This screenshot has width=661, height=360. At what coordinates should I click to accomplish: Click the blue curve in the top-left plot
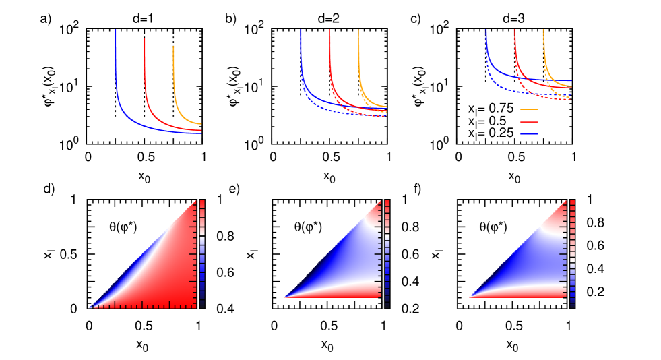117,81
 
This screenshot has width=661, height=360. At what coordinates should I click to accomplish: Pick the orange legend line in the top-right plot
529,109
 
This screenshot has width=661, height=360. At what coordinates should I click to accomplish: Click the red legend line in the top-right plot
529,122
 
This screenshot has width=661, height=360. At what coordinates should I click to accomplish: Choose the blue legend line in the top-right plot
529,134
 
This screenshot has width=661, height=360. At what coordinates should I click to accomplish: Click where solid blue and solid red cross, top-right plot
532,79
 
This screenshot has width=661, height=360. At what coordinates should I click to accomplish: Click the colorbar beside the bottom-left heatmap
201,253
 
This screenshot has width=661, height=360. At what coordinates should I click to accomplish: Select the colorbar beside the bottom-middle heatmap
387,253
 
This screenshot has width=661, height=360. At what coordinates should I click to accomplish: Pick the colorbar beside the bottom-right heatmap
572,253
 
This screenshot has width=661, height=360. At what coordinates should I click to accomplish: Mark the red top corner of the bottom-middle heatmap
377,206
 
